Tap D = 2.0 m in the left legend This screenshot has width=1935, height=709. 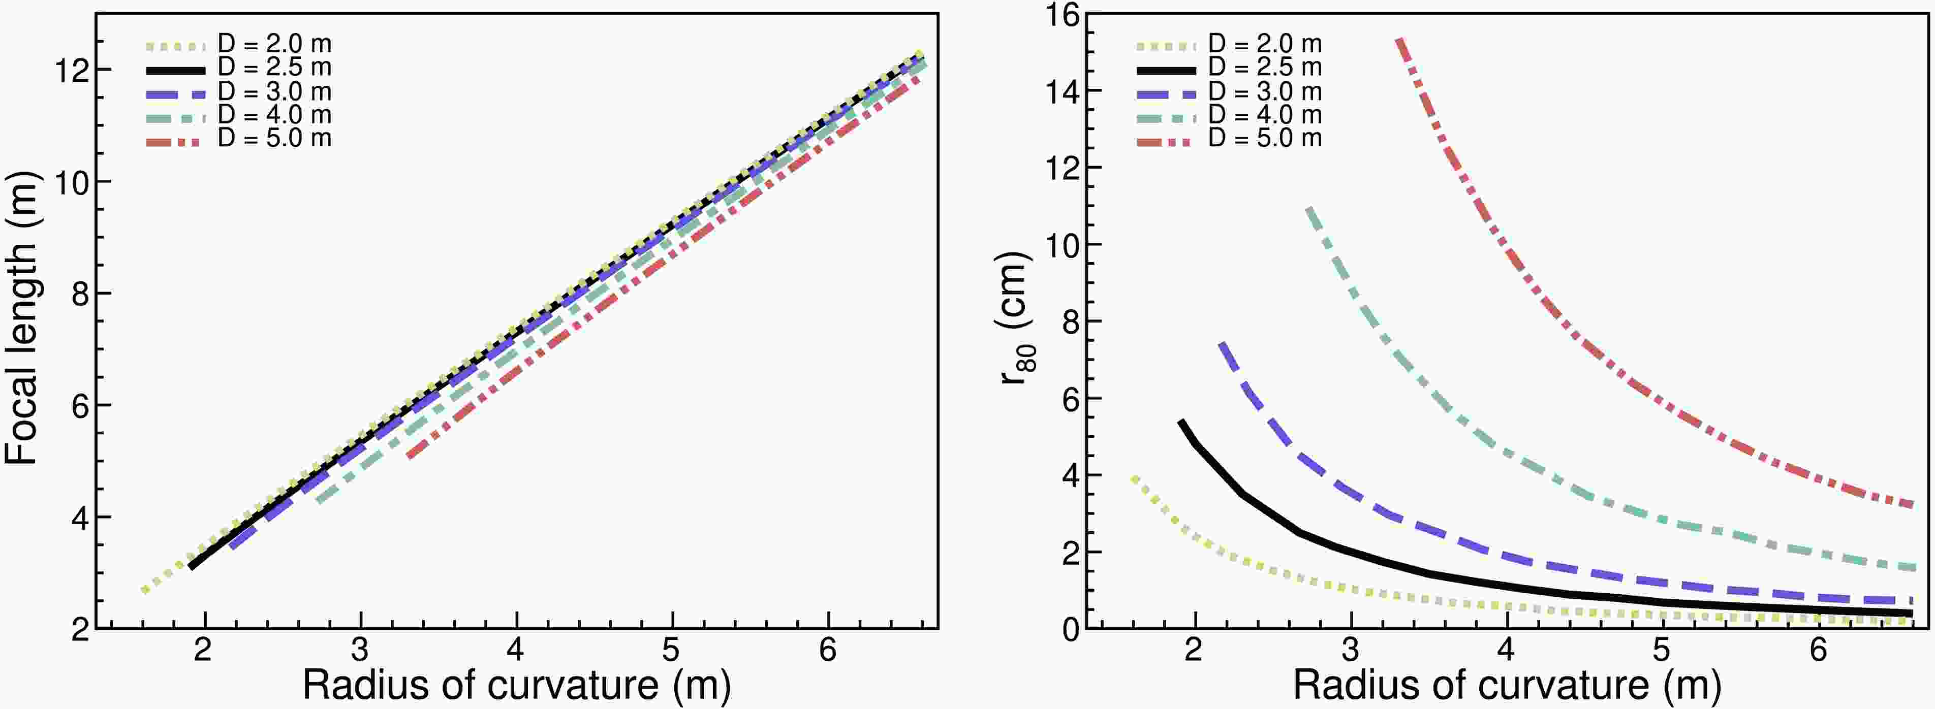[x=274, y=44]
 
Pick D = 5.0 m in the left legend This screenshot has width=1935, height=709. [x=274, y=138]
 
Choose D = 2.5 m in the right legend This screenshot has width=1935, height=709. [x=1264, y=68]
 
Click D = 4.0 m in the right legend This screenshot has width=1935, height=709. [x=1264, y=115]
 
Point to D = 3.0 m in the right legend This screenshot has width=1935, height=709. [x=1264, y=91]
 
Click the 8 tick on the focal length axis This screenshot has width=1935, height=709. [x=78, y=293]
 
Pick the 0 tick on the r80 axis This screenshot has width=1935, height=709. [x=1070, y=629]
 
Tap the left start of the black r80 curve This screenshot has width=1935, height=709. [x=1181, y=422]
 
